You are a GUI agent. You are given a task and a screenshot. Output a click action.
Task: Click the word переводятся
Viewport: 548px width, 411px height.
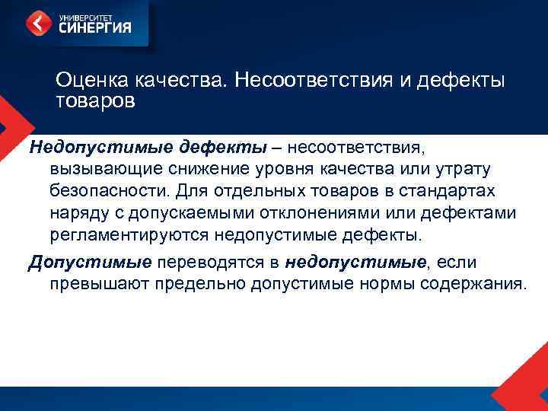pyautogui.click(x=219, y=263)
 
